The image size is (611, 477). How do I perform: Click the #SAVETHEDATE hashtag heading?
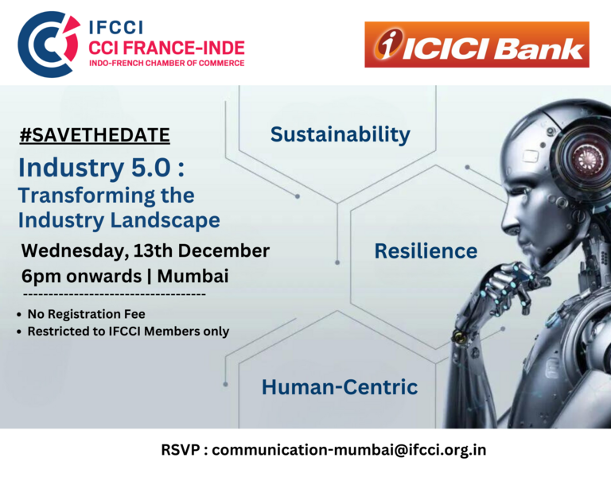click(95, 135)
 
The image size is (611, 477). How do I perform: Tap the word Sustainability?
click(341, 134)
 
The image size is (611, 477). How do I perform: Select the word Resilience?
click(426, 250)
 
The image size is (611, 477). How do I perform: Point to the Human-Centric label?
click(340, 387)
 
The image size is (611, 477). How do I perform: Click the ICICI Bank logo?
click(477, 45)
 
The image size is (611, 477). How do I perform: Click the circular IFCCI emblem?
click(49, 44)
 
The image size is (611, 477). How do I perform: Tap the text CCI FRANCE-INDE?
click(166, 48)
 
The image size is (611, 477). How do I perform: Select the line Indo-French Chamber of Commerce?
click(167, 63)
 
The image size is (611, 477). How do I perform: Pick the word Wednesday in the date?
click(75, 251)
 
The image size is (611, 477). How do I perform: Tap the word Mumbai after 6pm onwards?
click(193, 276)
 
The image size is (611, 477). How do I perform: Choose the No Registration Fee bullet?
click(81, 314)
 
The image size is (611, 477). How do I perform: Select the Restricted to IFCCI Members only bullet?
click(123, 332)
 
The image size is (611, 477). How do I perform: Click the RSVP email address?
click(348, 450)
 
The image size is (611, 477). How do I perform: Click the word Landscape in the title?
click(165, 221)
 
